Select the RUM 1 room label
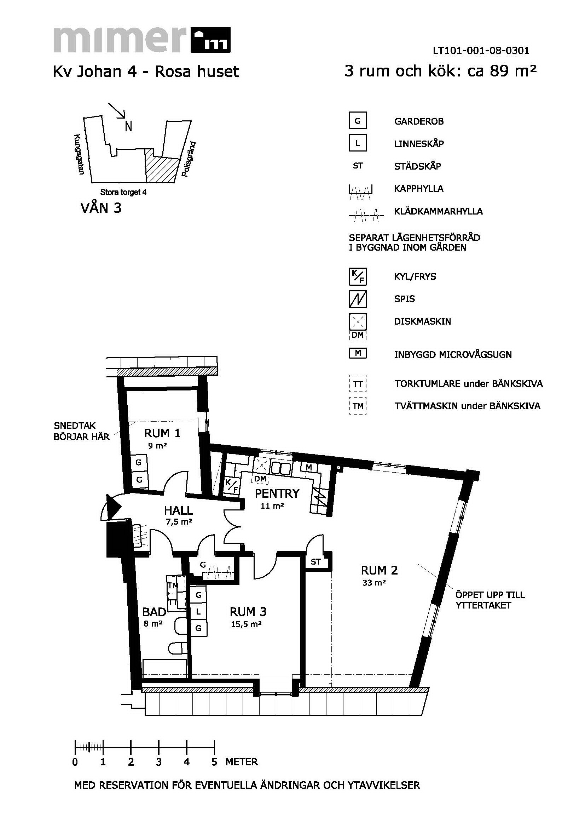[x=162, y=433]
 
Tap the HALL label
[x=179, y=510]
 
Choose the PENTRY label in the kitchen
[x=277, y=493]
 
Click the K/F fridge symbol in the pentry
[x=232, y=486]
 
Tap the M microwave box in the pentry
[x=308, y=467]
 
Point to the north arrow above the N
[x=117, y=111]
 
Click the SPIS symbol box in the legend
[x=358, y=299]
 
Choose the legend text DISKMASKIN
[x=423, y=321]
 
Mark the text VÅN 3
[x=101, y=208]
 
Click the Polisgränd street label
[x=189, y=159]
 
